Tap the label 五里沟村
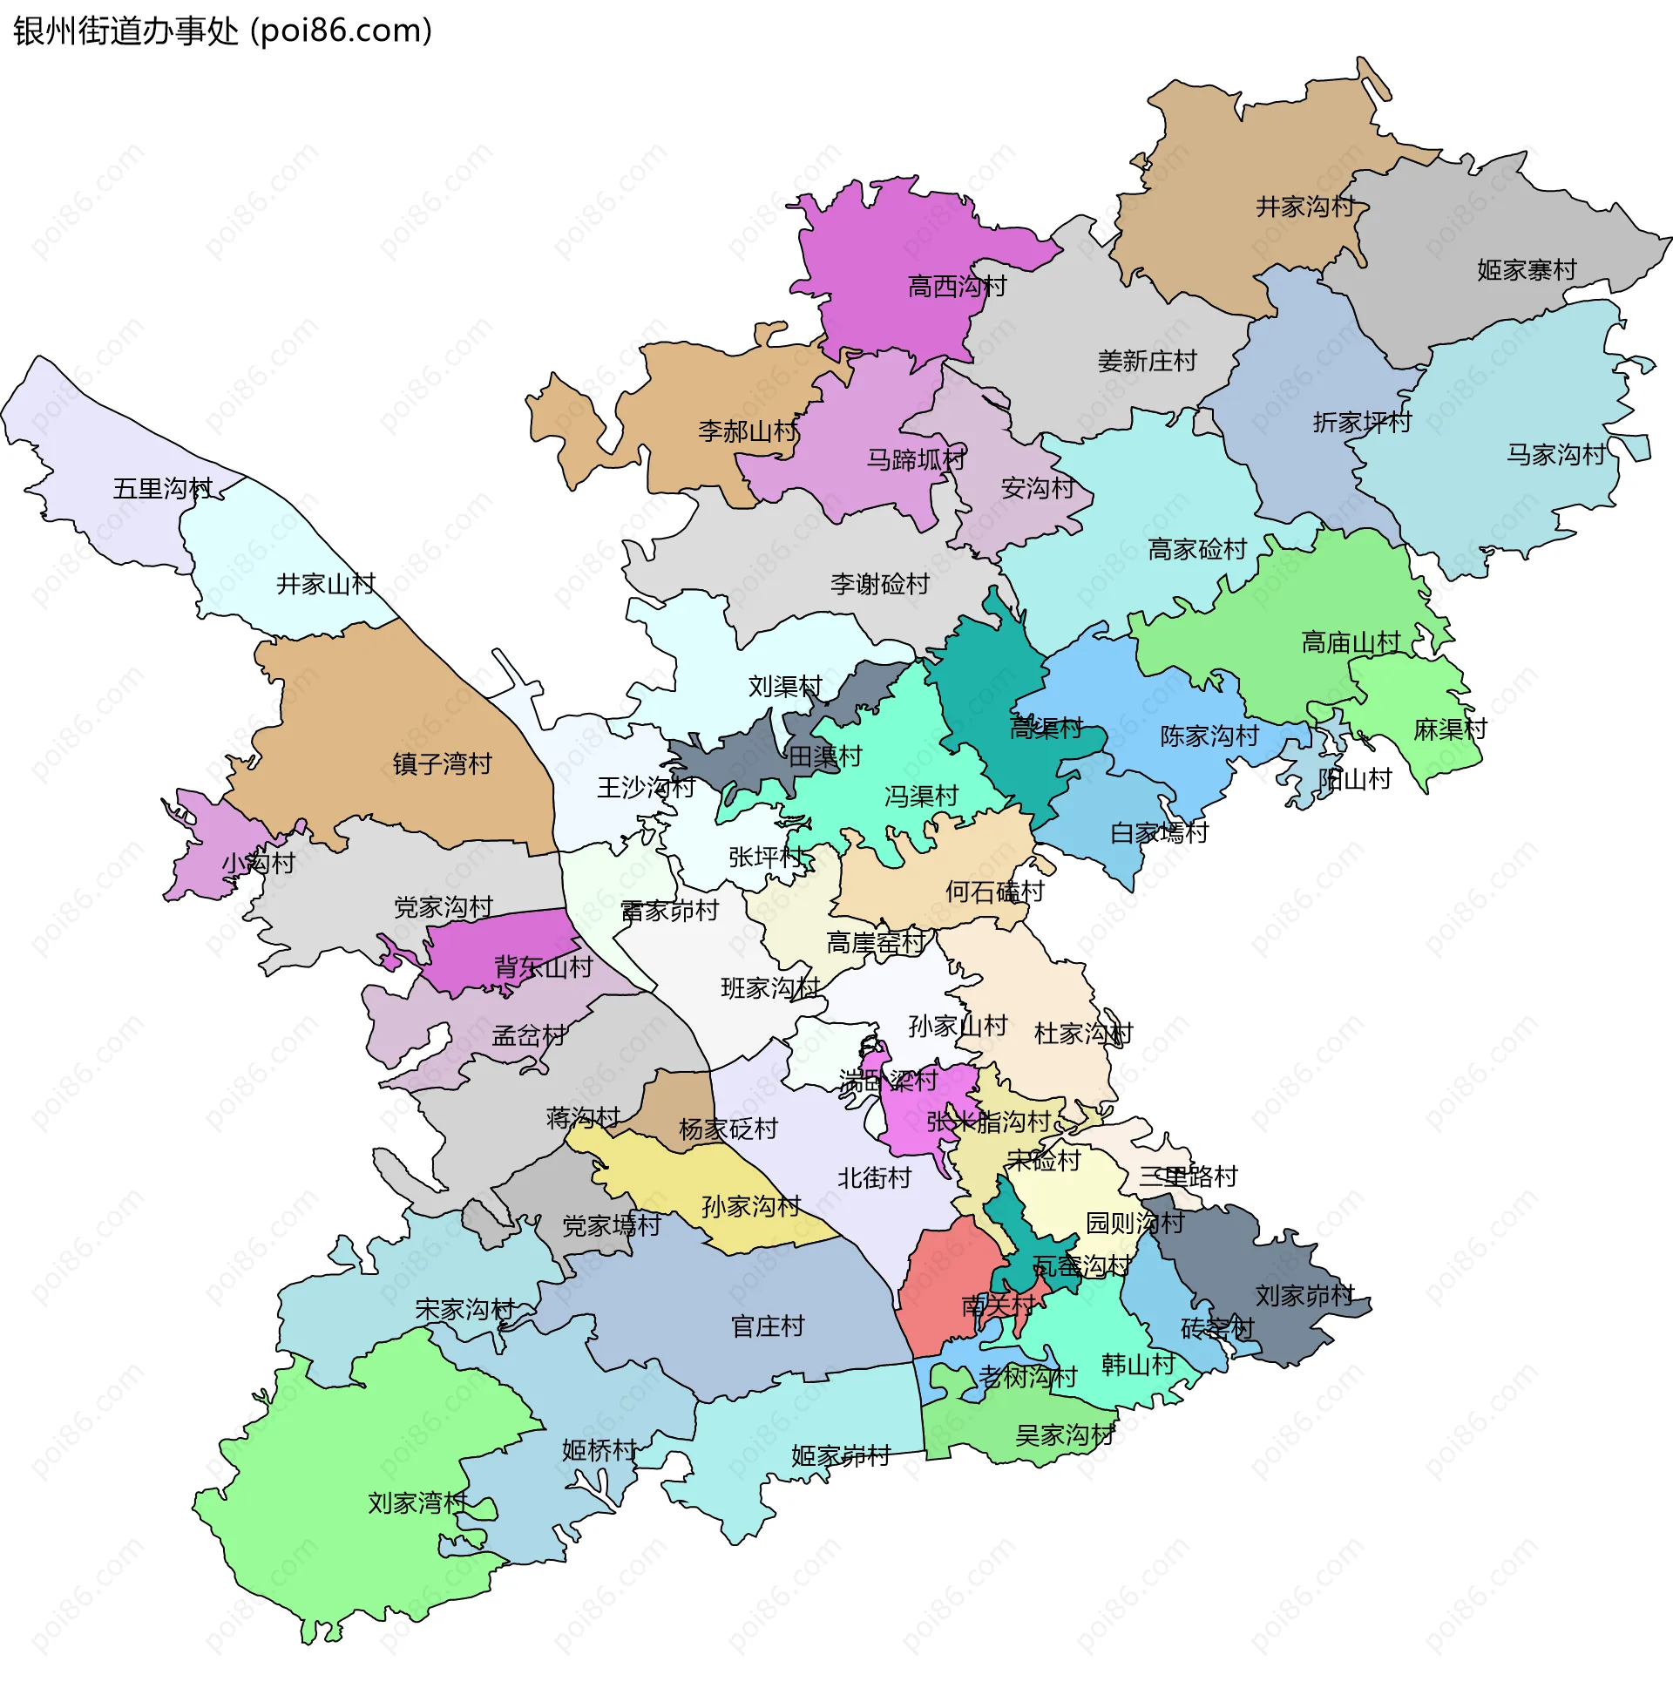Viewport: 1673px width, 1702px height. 163,489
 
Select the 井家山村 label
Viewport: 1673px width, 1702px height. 326,583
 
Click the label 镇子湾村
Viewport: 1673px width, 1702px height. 442,763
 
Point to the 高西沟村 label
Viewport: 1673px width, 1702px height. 957,287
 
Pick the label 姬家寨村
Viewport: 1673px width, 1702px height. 1527,270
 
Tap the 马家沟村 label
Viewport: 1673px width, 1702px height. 1556,454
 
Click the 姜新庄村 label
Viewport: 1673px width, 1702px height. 1147,361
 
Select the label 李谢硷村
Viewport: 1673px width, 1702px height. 879,583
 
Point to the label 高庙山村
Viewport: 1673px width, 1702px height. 1351,642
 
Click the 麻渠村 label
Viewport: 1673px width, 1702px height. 1450,729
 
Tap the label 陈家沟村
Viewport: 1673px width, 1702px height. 1210,736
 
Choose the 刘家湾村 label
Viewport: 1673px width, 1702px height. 417,1502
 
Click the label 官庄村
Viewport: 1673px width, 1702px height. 768,1326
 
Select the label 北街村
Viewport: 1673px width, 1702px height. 874,1177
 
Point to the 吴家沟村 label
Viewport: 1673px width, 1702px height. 1064,1434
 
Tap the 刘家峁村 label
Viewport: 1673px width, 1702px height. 1304,1295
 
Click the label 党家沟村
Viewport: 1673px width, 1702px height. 443,907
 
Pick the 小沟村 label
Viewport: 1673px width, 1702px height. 257,863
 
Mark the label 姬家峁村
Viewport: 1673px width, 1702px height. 841,1456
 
